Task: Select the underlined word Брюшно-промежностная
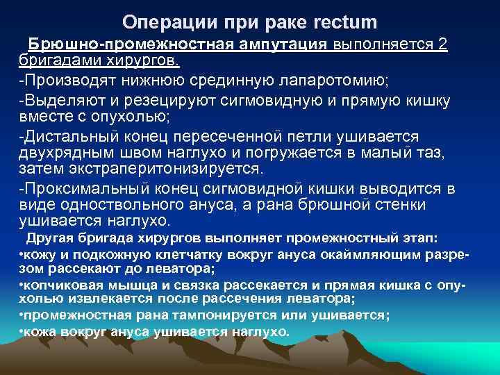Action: (106, 45)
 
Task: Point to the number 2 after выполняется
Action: (442, 45)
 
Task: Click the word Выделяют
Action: (58, 101)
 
